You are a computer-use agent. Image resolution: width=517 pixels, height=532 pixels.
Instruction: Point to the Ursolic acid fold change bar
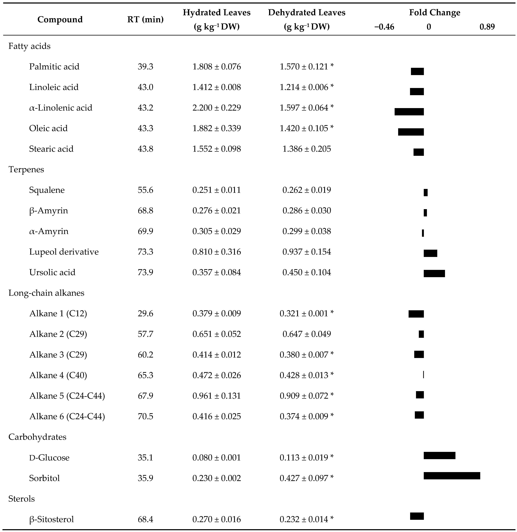point(434,274)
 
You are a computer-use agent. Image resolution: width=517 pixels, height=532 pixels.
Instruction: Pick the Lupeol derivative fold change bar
point(430,253)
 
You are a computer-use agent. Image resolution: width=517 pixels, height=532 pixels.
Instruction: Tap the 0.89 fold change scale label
point(487,27)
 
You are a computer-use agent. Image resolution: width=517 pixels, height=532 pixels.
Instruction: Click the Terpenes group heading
point(26,169)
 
